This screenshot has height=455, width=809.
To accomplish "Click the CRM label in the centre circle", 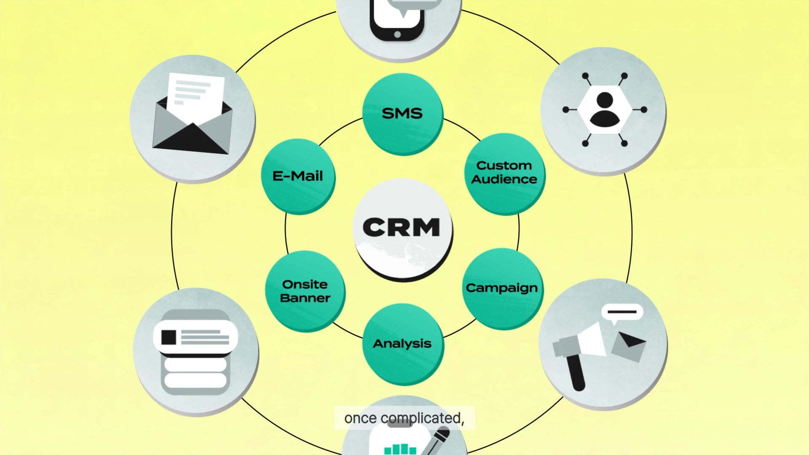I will point(402,227).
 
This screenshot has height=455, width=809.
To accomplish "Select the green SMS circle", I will point(402,114).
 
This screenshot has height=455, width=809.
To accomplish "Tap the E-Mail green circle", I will point(298,176).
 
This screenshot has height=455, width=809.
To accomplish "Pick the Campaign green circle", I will point(502,288).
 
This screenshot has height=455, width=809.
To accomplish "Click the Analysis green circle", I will point(402,344).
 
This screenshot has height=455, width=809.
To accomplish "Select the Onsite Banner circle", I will point(305,291).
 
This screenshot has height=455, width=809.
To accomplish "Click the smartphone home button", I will point(397,35).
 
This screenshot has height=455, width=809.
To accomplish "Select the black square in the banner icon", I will point(169,337).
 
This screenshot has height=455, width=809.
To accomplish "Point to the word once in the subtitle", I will point(360,418).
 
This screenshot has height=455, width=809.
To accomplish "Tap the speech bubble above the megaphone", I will point(622,313).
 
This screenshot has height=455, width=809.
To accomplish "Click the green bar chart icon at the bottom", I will point(400,449).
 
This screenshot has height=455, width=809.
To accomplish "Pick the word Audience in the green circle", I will point(504,179).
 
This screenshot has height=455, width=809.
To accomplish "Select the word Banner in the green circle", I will point(305,298).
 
